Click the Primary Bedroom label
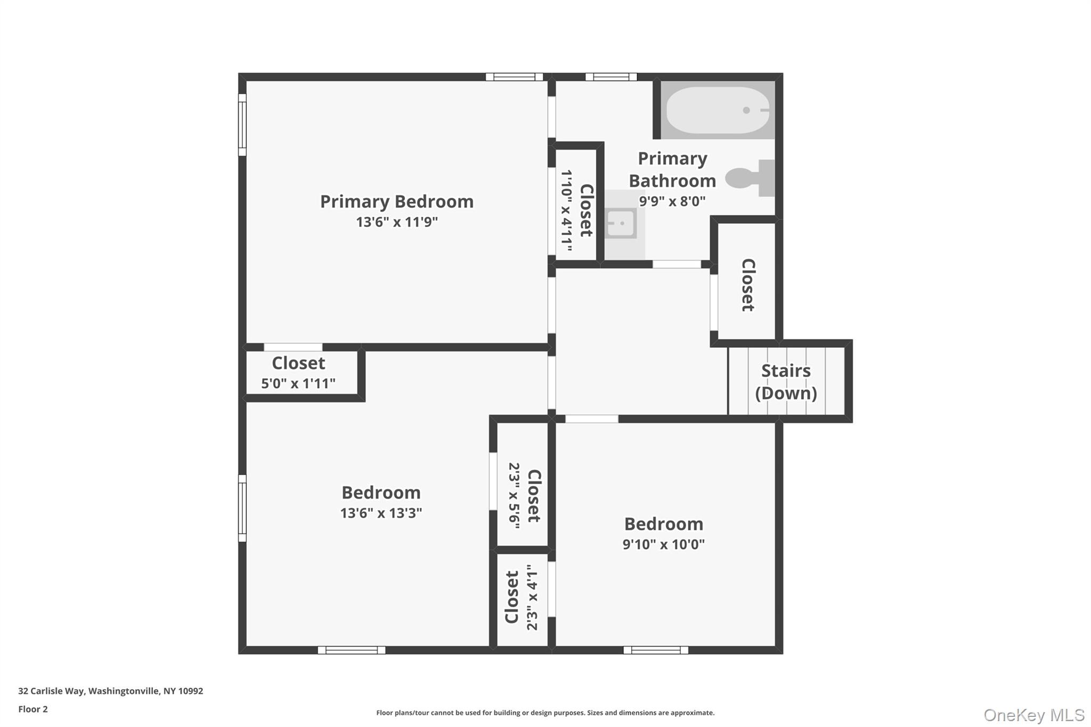(x=396, y=201)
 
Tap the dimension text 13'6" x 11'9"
(x=396, y=222)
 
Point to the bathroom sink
(x=621, y=223)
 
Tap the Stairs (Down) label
(x=786, y=381)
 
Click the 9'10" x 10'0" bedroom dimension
(x=663, y=544)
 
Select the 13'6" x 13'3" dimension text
(x=381, y=513)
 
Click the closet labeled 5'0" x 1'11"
(x=298, y=372)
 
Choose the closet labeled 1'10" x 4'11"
(x=576, y=210)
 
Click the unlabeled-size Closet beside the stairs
(x=747, y=285)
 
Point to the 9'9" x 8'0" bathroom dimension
(x=672, y=201)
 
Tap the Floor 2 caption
(x=33, y=709)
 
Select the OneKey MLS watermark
(x=1033, y=715)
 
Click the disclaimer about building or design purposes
(x=545, y=713)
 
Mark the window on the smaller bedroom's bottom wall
(x=656, y=650)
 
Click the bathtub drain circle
(x=746, y=110)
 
